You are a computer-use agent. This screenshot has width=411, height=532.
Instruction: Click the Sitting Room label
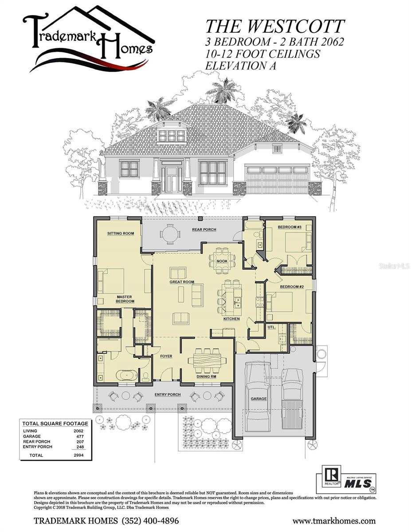point(121,233)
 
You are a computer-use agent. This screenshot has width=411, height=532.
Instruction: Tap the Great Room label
point(182,282)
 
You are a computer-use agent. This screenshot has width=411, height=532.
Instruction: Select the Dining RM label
point(206,377)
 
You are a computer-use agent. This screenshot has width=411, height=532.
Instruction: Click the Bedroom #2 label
point(291,287)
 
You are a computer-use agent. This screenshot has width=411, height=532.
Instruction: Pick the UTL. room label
point(272,327)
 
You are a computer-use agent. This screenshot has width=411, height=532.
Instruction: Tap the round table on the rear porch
point(168,235)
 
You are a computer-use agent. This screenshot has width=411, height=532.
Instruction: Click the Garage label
point(259,399)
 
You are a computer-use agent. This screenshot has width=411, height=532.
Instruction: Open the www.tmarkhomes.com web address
point(334,521)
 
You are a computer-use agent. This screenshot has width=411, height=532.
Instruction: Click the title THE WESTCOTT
point(274,27)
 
